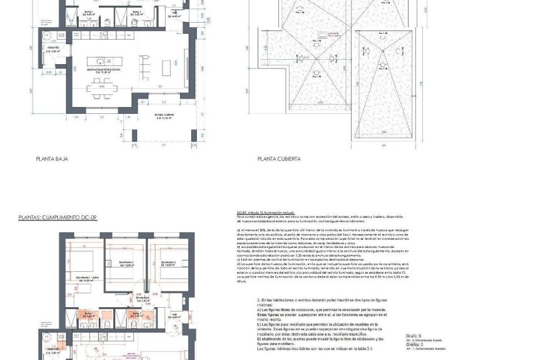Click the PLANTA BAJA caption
click(52, 159)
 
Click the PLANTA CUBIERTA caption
click(279, 159)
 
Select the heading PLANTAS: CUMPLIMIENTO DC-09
click(58, 218)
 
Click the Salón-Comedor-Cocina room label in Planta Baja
click(104, 71)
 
